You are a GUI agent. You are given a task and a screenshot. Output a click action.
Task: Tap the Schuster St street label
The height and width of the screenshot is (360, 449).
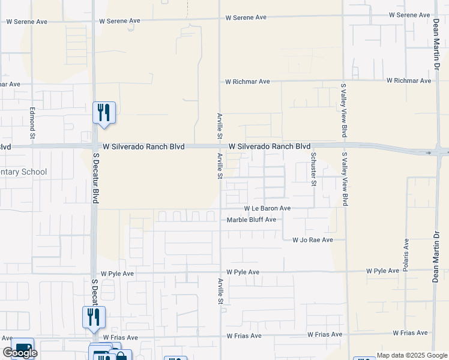coord(313,169)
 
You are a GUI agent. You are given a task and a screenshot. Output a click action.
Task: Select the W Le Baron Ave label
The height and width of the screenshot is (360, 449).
coord(267,208)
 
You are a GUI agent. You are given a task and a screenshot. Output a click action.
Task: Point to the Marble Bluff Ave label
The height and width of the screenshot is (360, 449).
coord(252,220)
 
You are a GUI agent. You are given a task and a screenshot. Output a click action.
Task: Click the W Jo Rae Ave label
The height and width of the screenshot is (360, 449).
coord(312,240)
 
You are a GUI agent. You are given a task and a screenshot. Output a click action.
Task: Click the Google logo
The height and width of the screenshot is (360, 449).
coord(20,353)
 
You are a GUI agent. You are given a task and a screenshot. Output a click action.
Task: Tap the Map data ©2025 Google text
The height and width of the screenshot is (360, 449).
coord(411,355)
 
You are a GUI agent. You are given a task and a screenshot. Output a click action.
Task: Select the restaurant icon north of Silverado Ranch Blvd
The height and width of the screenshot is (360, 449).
coord(104,112)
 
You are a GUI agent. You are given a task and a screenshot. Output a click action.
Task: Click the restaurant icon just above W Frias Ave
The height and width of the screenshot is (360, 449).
coord(94,317)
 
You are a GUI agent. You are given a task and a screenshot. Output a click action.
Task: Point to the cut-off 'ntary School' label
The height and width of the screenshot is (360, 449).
coord(23,172)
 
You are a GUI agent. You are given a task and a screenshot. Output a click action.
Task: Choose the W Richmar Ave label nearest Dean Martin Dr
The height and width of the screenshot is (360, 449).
coord(409,80)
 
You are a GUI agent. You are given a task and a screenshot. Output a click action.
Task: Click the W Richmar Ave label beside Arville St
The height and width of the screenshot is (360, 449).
coord(247,81)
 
